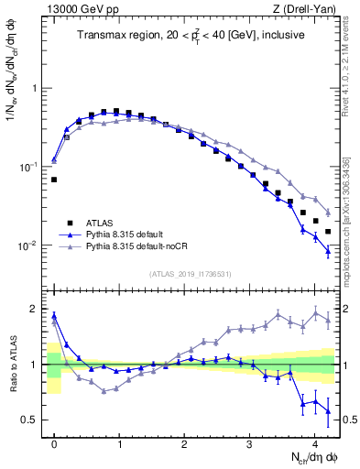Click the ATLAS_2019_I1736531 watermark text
click(190, 274)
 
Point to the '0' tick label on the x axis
click(54, 444)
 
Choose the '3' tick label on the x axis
click(250, 444)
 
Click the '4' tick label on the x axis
click(315, 444)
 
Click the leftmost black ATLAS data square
click(54, 180)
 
